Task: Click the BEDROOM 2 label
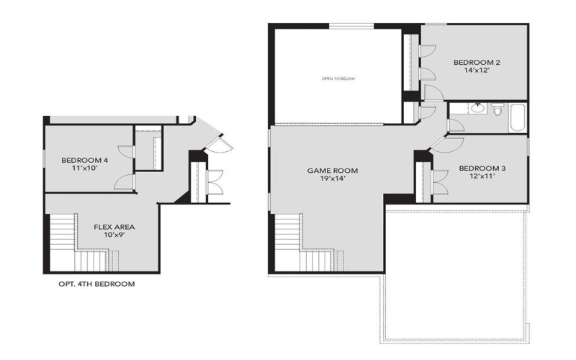click(477, 63)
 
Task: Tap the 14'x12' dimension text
click(477, 72)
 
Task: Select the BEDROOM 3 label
click(482, 168)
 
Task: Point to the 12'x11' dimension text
click(482, 178)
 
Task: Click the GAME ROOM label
click(333, 171)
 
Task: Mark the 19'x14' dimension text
click(333, 180)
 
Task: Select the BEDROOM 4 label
click(84, 160)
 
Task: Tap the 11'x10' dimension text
click(84, 169)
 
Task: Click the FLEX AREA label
click(114, 227)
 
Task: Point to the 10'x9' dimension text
click(114, 235)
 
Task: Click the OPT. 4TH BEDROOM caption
click(96, 284)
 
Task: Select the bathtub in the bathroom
click(518, 117)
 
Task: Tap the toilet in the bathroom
click(497, 110)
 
